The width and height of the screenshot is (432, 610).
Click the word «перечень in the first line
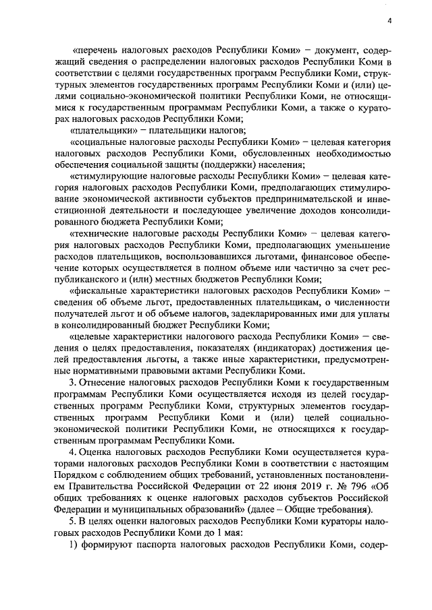97,51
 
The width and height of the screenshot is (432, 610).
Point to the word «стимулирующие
107,176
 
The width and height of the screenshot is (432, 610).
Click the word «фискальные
99,291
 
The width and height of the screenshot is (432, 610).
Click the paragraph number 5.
72,520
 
